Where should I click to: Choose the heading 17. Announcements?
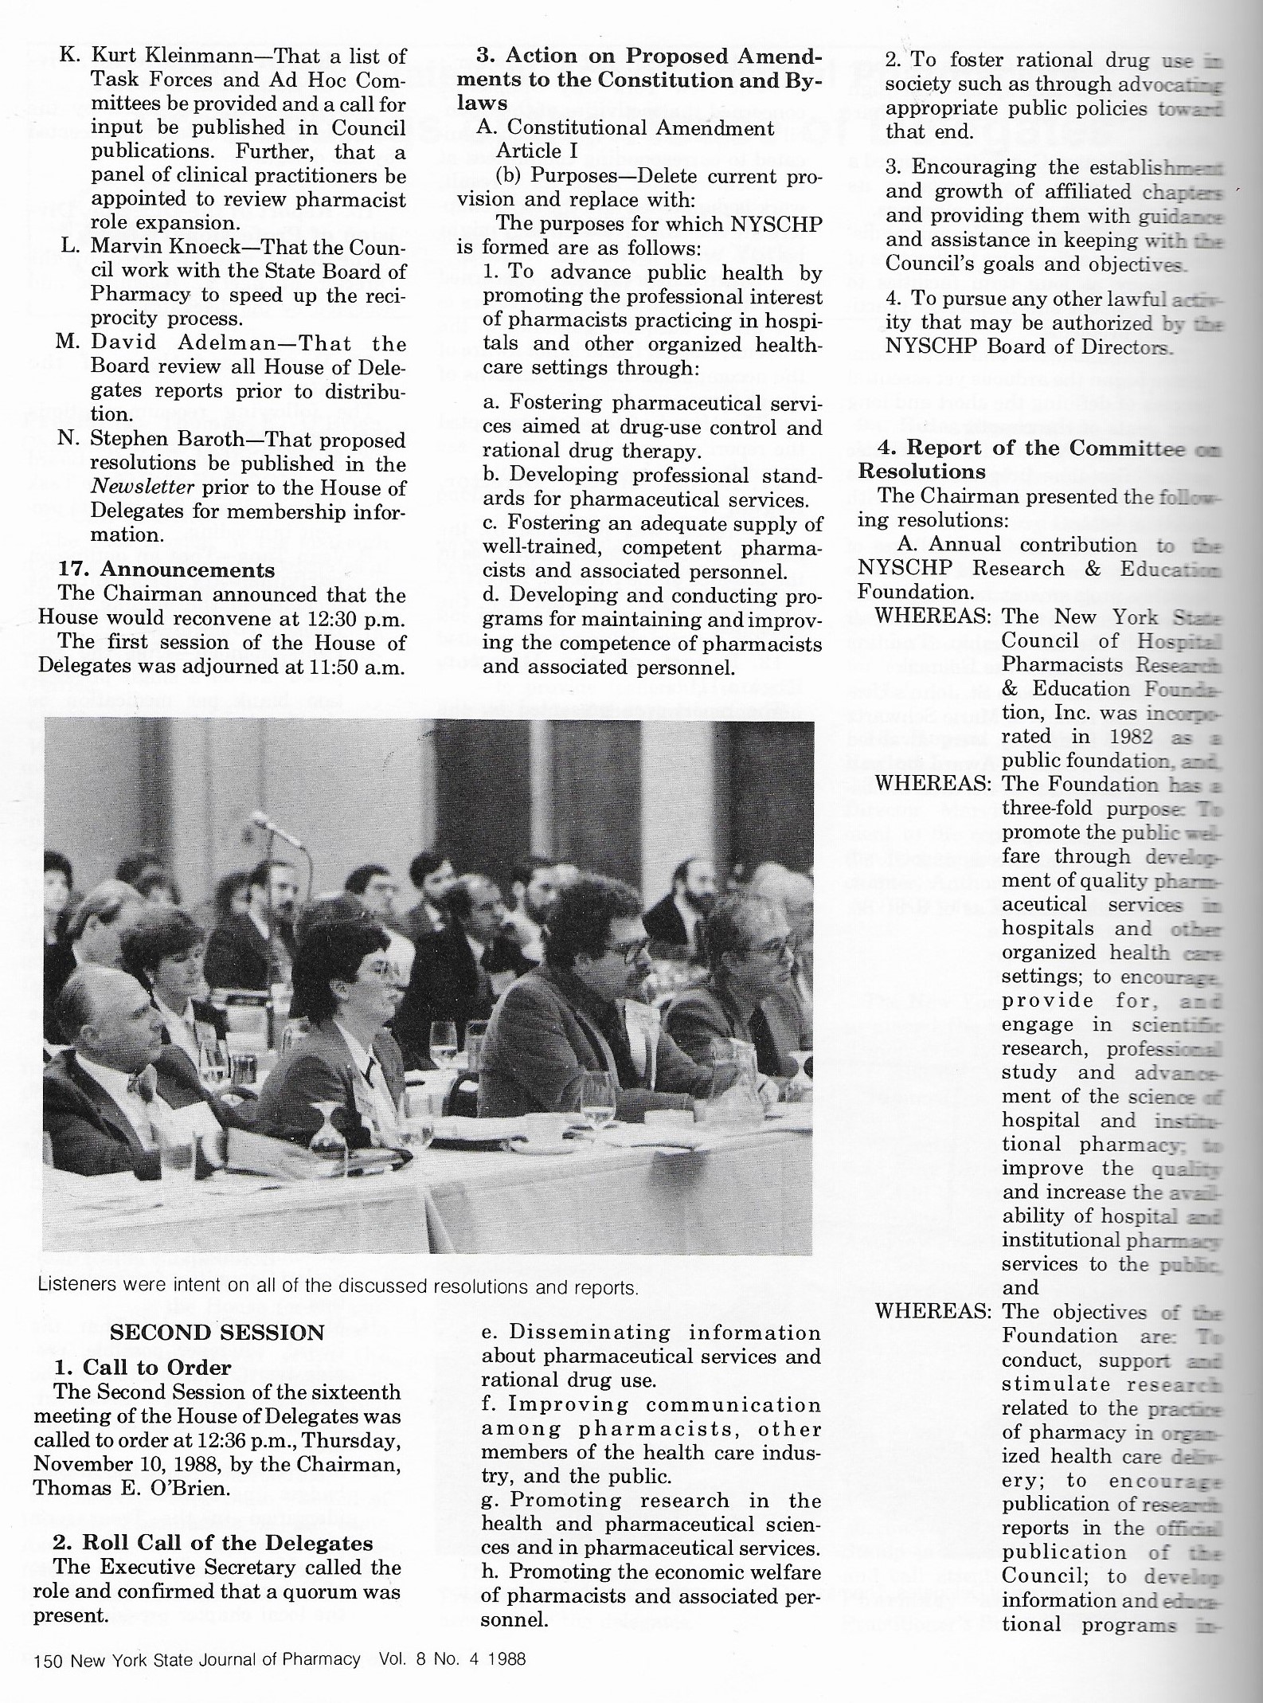pos(168,570)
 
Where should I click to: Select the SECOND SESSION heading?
pos(217,1333)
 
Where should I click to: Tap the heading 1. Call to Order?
pos(143,1368)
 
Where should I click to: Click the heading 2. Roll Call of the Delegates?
pos(213,1543)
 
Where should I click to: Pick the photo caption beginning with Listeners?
pos(337,1287)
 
